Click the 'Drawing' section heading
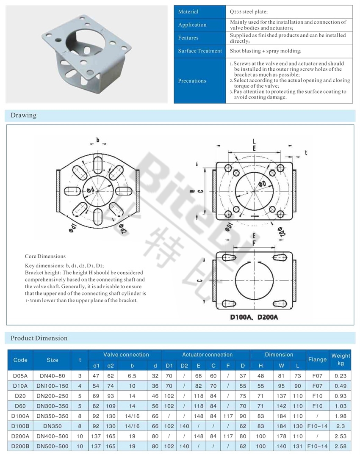click(23, 115)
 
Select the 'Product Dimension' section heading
click(39, 338)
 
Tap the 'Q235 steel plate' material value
click(248, 12)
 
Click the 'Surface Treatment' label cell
click(200, 51)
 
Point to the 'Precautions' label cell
click(192, 81)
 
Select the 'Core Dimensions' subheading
click(45, 256)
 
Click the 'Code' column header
click(20, 360)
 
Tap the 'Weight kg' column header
click(341, 359)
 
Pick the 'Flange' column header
click(317, 359)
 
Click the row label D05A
click(20, 375)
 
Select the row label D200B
click(20, 446)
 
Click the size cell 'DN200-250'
click(53, 396)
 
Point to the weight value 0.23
click(341, 375)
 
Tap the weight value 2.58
click(341, 446)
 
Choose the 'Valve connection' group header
click(126, 355)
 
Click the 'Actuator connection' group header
click(207, 355)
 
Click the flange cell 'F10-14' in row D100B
click(317, 426)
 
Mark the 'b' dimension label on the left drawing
click(98, 140)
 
